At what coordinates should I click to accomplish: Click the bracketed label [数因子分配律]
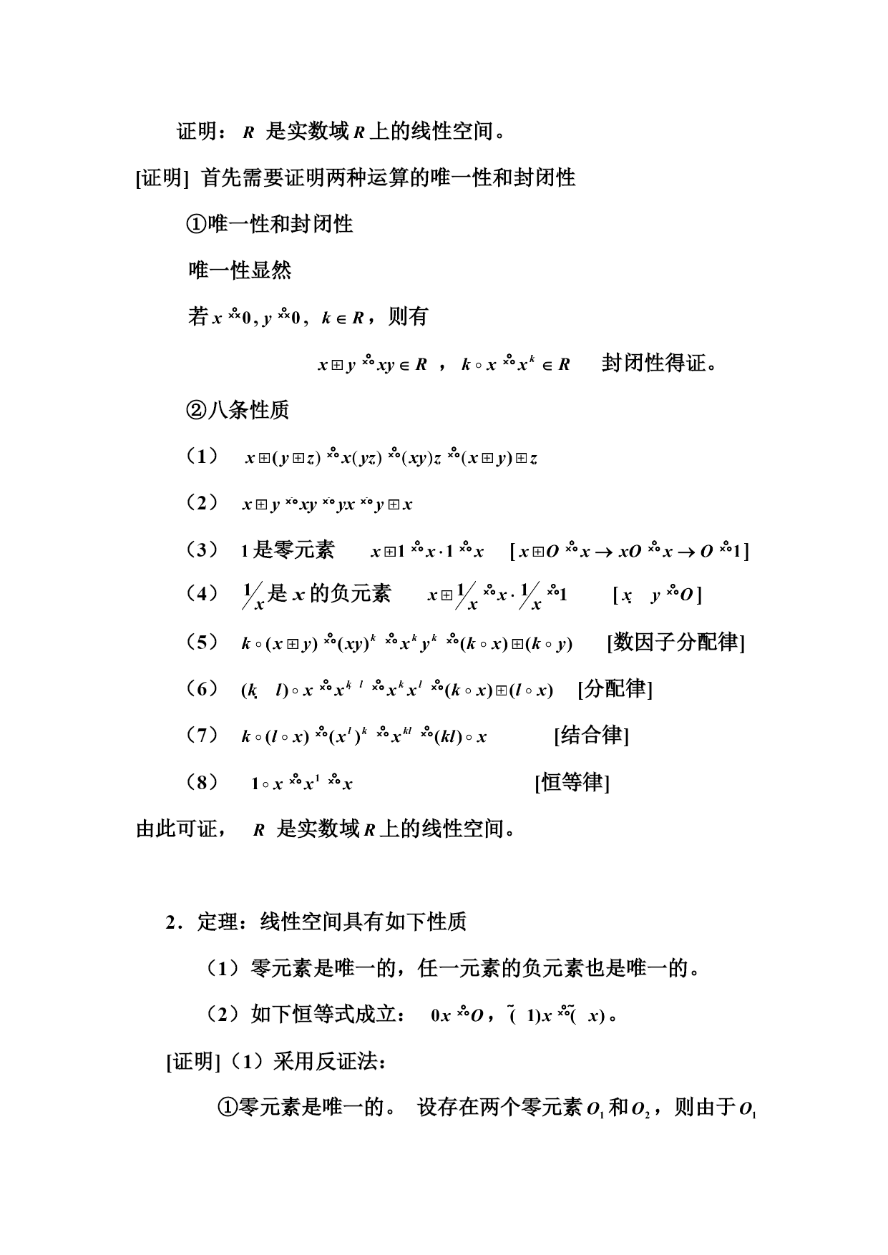coord(676,642)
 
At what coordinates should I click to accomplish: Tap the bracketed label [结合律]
coord(591,735)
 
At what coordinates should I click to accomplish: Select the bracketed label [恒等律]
coord(572,782)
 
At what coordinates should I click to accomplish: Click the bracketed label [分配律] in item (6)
coord(615,689)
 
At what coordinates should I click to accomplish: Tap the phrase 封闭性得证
coord(659,363)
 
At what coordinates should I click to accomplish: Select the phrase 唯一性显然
coord(240,270)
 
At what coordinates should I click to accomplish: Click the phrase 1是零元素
coord(288,550)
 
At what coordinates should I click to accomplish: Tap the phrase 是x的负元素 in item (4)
coord(329,593)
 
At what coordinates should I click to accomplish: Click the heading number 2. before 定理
coord(173,922)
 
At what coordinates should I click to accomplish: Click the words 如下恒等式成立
coord(323,1015)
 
